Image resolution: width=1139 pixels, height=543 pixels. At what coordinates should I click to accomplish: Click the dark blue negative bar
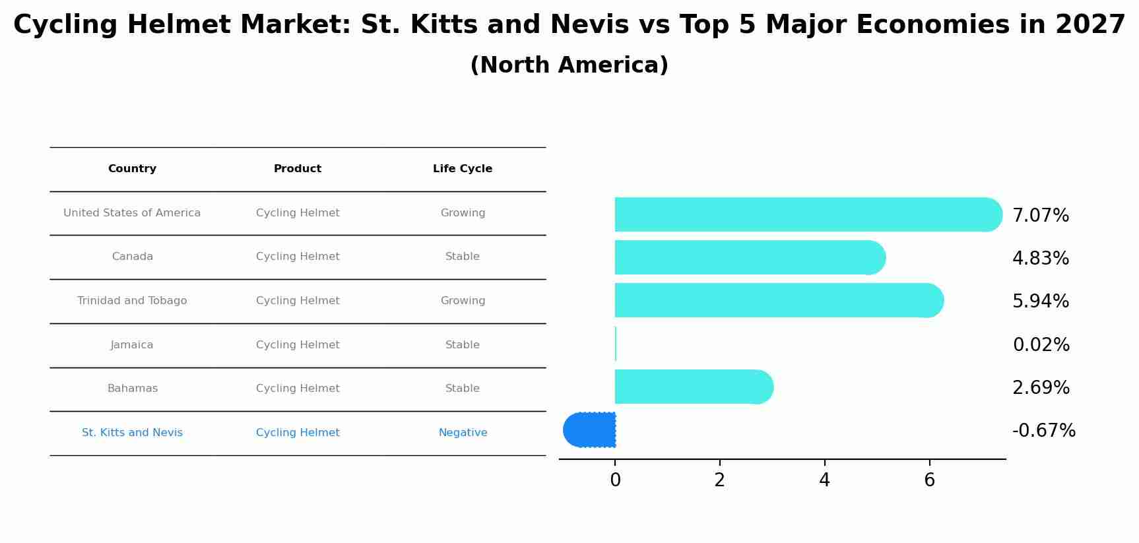590,430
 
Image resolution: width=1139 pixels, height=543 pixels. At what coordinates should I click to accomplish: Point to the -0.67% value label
1043,431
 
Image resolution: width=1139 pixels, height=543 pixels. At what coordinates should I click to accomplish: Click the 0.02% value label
1041,345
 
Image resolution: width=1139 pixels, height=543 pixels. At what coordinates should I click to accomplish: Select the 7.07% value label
1040,216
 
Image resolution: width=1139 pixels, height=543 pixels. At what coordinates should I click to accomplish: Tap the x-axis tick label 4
824,480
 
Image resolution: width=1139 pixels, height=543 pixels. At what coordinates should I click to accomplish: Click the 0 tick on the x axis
615,480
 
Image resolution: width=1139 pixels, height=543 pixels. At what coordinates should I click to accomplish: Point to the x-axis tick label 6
929,480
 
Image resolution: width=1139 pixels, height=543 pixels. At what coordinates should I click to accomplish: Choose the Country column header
132,169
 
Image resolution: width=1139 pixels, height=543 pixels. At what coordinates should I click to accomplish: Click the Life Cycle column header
463,169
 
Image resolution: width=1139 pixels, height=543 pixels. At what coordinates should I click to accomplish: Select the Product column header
298,169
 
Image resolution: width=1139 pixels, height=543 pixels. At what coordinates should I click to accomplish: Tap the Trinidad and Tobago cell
132,301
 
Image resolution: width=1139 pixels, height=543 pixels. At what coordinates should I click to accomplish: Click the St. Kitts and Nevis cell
132,433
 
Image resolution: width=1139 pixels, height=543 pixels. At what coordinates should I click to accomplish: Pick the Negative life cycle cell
463,433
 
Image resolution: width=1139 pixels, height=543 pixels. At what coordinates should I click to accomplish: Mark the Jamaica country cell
132,345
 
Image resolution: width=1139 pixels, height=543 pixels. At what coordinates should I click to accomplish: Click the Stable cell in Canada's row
463,257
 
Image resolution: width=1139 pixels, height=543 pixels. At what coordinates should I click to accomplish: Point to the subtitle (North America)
569,65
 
